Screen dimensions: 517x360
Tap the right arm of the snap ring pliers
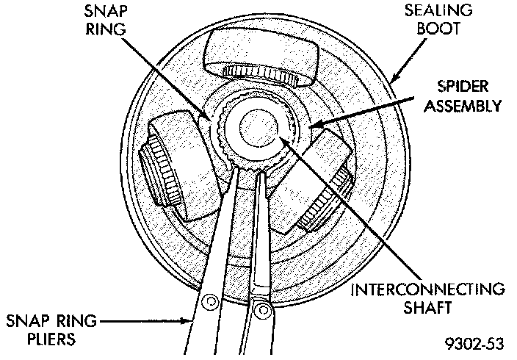[261, 242]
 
